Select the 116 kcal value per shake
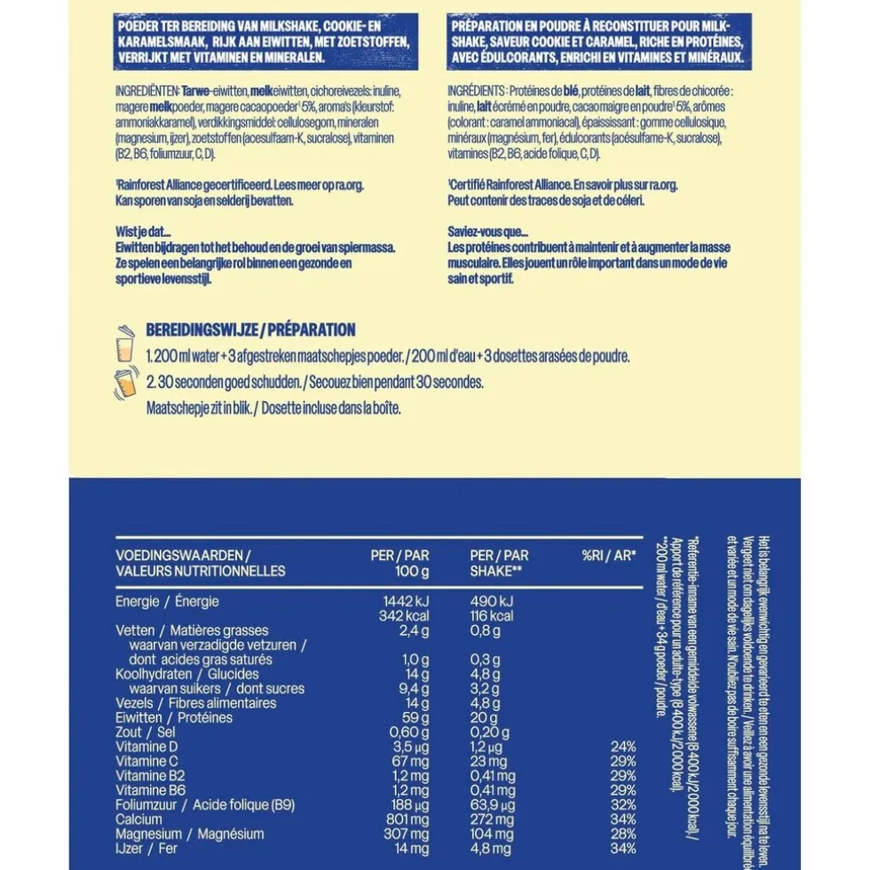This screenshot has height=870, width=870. [x=488, y=616]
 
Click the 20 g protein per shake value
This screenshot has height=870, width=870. [x=486, y=717]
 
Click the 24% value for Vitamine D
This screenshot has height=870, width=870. [x=623, y=746]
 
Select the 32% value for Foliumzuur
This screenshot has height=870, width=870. [x=623, y=803]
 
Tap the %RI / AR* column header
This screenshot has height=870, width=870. [x=609, y=556]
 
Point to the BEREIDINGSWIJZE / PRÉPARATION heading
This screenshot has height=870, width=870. [x=251, y=330]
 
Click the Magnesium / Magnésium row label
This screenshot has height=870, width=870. [x=190, y=833]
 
